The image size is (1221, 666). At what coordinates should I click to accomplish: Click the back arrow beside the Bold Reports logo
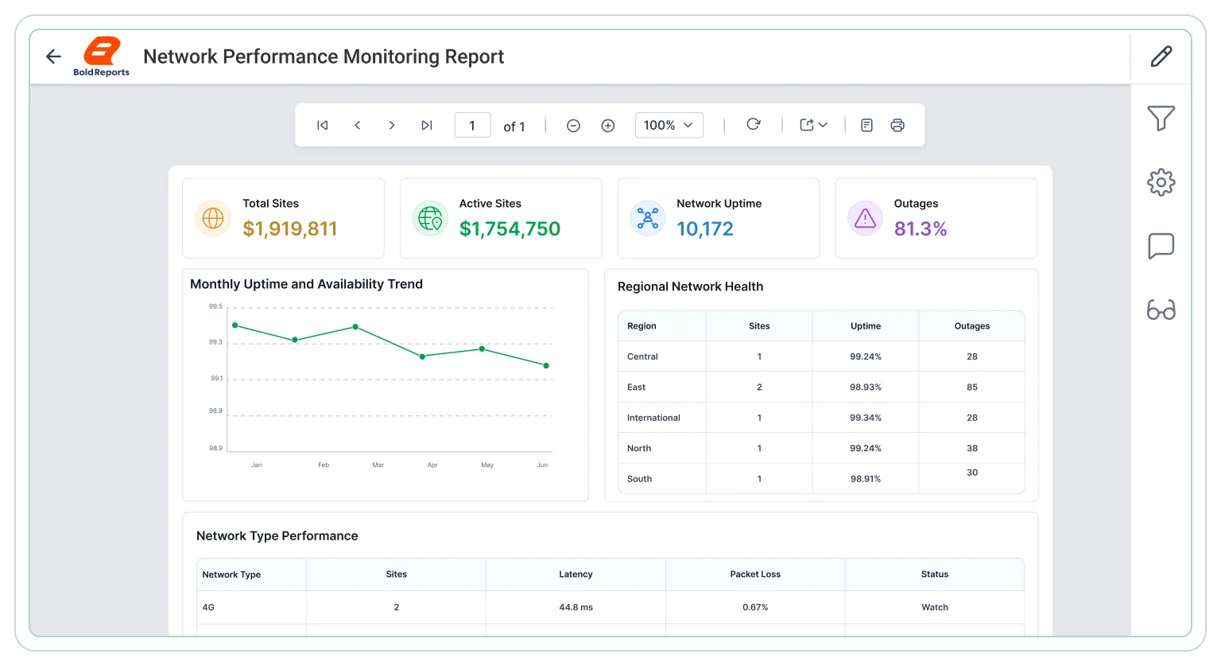point(53,56)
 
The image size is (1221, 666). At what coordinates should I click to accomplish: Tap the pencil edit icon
point(1161,56)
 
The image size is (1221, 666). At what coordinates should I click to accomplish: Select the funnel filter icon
point(1161,118)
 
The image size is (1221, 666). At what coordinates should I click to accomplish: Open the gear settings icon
point(1161,182)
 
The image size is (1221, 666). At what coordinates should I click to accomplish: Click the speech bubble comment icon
point(1161,246)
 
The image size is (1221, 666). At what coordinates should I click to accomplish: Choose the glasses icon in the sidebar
point(1161,310)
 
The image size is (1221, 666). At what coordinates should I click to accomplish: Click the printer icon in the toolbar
point(897,126)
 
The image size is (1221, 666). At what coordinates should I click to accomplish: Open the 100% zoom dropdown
point(669,126)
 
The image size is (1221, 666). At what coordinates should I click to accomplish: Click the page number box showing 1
point(473,126)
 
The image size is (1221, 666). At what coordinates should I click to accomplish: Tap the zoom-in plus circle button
point(608,126)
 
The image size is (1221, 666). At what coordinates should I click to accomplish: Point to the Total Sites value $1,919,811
point(290,228)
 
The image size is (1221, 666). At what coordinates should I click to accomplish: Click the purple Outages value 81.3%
point(920,228)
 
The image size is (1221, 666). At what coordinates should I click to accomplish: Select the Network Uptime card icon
point(648,219)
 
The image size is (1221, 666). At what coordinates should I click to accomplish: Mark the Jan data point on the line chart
point(235,325)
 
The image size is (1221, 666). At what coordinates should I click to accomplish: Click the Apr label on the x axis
point(432,465)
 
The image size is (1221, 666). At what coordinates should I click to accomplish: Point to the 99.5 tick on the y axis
point(216,306)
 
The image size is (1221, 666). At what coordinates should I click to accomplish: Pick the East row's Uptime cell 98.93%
point(866,387)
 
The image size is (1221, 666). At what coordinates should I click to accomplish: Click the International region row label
point(653,418)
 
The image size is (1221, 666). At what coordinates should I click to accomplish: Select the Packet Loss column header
point(755,574)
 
